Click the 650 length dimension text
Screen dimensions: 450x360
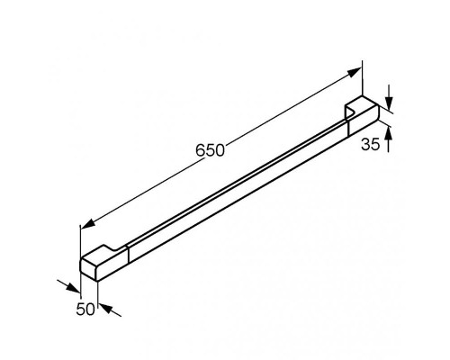210,150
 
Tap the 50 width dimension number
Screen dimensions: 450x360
85,309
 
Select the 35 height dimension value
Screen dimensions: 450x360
371,144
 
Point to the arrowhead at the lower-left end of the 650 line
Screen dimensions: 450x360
88,224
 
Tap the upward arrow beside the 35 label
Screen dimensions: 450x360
389,139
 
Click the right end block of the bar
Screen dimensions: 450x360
364,118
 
